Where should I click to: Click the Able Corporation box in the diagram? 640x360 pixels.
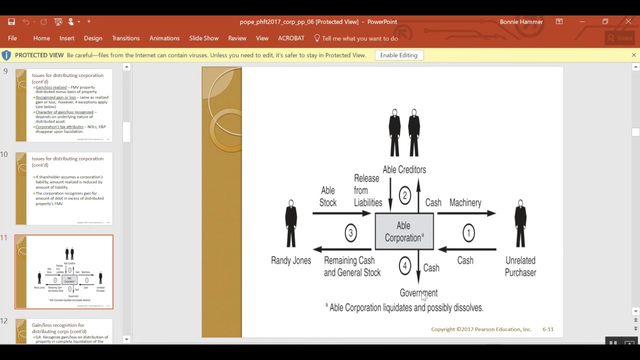coord(404,231)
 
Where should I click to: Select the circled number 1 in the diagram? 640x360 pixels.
coord(468,233)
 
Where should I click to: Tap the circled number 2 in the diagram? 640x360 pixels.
coord(405,195)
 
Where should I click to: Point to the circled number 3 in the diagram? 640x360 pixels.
coord(350,233)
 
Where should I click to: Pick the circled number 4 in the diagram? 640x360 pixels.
coord(405,266)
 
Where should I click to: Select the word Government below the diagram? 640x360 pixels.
coord(418,293)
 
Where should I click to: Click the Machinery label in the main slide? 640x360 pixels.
coord(465,202)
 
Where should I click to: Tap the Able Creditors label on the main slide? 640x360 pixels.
coord(404,169)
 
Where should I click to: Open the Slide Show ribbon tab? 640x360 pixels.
coord(203,38)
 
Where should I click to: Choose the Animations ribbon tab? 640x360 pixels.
coord(164,38)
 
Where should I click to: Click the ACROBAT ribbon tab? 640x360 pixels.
coord(291,38)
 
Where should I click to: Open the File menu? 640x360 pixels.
coord(12,38)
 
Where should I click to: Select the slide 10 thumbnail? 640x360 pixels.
coord(64,188)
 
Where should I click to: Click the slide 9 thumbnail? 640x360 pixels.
coord(64,105)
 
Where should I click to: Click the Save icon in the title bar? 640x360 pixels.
coord(11,21)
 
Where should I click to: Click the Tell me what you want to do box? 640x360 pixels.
coord(359,38)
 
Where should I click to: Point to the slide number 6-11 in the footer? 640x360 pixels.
coord(548,329)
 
